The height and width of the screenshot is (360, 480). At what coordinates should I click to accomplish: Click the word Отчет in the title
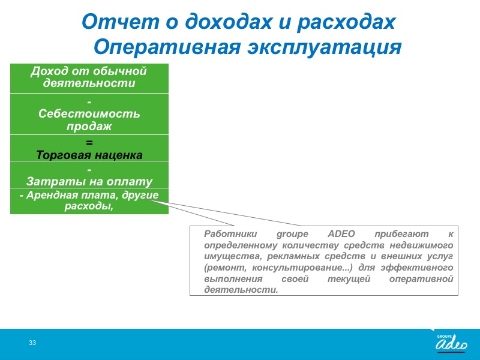pos(121,22)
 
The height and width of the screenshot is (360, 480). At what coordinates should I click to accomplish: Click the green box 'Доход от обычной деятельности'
pos(89,79)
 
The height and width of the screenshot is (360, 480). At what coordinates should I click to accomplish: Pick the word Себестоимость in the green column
pos(89,113)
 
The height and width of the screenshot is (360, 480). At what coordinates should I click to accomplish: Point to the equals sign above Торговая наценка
pos(89,143)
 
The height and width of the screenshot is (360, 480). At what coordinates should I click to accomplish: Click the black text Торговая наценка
pos(89,155)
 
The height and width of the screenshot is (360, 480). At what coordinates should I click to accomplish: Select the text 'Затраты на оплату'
pos(89,182)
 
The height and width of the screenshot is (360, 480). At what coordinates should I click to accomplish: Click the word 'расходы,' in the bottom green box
pos(89,206)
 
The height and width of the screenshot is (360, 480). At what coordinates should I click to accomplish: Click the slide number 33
pos(32,343)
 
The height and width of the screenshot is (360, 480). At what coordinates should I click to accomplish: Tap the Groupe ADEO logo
pos(452,343)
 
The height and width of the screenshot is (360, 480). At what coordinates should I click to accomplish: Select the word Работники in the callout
pos(230,234)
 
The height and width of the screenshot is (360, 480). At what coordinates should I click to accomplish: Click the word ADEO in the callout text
pos(341,234)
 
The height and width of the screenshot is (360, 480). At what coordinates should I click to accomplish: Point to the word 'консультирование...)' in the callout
pos(302,268)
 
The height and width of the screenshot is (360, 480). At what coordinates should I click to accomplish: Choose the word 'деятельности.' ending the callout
pos(241,290)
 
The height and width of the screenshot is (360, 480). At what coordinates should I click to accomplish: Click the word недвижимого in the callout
pos(421,245)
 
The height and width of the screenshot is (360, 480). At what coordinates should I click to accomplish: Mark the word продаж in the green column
pos(89,126)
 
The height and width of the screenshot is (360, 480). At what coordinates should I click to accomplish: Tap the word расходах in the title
pos(347,22)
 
